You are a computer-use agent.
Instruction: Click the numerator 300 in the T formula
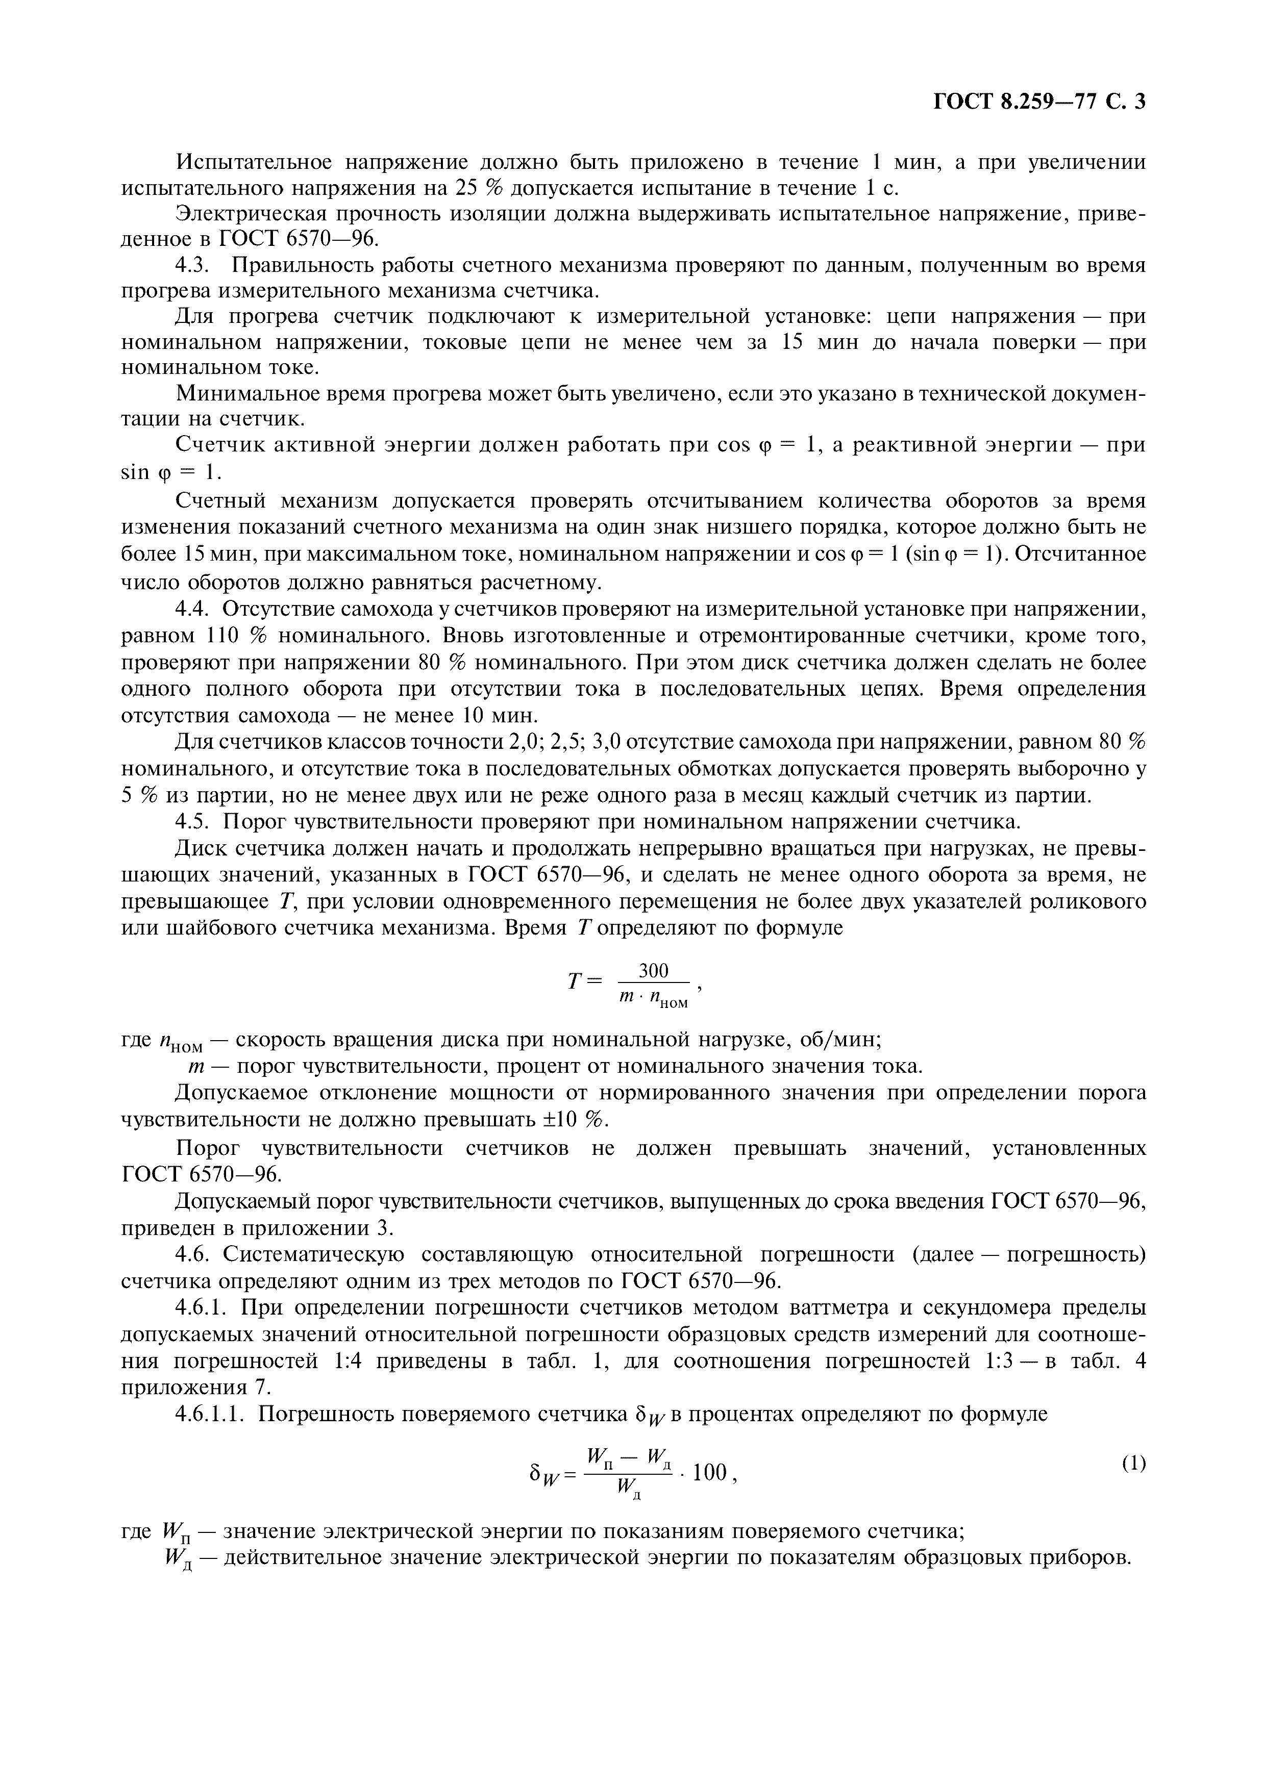(654, 970)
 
